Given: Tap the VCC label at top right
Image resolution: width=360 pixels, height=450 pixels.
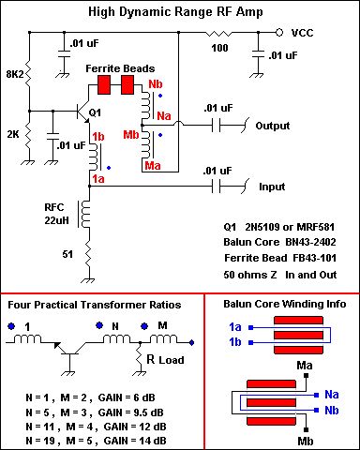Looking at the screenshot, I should (x=302, y=32).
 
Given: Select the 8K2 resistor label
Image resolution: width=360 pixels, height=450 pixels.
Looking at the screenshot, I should (x=13, y=71).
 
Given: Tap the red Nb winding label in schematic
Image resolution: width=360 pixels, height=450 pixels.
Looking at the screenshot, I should (x=156, y=84).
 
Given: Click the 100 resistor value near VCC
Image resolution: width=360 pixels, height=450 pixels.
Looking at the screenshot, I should (x=219, y=47).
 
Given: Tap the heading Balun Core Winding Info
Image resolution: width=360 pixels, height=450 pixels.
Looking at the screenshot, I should (x=284, y=304).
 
